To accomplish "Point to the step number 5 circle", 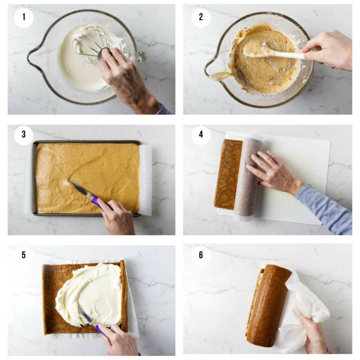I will tap(24, 255).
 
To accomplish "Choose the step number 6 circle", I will tap(201, 255).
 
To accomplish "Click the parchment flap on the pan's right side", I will tap(146, 179).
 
